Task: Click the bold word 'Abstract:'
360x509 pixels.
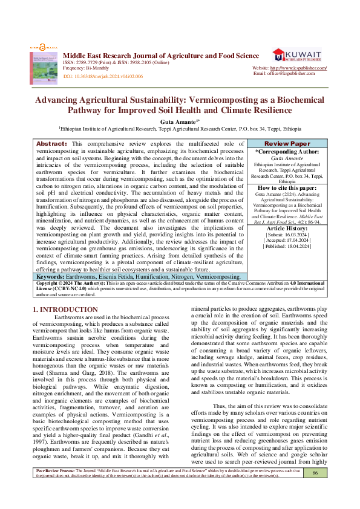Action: [x=51, y=143]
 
